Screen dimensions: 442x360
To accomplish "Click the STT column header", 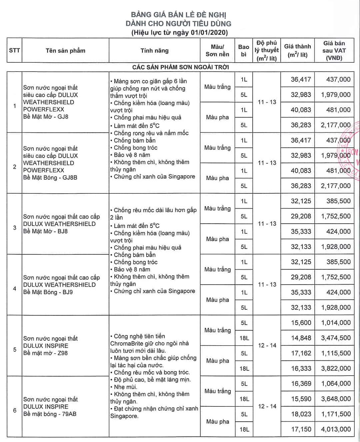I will point(14,50).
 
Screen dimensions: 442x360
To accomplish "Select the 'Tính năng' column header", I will point(154,51).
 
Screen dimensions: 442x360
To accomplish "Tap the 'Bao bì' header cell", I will point(244,50).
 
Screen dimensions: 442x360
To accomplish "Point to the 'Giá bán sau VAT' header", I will point(334,50).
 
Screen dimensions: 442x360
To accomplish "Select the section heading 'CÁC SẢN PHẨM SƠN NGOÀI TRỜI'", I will point(180,67).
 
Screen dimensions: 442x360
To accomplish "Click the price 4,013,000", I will point(336,429).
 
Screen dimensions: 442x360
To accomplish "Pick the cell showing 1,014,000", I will point(336,323).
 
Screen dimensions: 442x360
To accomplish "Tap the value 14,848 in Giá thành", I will point(301,338).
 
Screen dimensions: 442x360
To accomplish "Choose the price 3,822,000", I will point(336,368).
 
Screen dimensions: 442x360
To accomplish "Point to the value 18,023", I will point(301,414).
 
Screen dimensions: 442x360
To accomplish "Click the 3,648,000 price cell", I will point(336,399).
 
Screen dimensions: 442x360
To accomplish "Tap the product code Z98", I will point(62,353).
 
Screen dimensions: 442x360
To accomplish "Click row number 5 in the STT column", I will point(14,349).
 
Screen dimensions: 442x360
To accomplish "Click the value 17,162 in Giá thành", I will point(301,353).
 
